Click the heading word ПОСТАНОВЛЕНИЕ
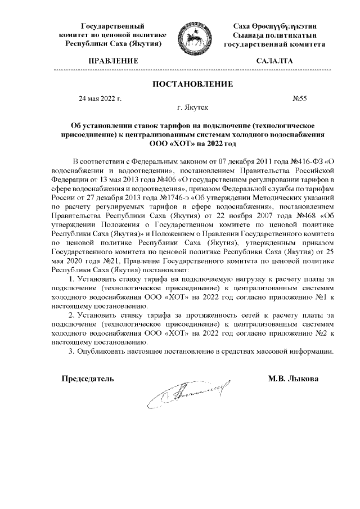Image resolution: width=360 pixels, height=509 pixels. (192, 84)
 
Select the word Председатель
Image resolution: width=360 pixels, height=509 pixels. (88, 379)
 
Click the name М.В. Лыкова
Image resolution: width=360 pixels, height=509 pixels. (293, 379)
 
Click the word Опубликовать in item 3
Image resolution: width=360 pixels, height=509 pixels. (102, 352)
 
